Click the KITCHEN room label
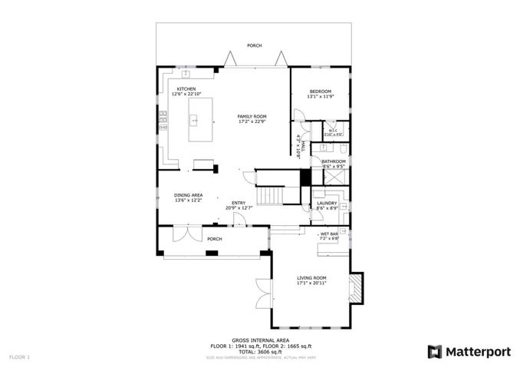pyautogui.click(x=186, y=89)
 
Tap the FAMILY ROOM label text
pyautogui.click(x=252, y=116)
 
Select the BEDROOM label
pyautogui.click(x=321, y=91)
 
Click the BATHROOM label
pyautogui.click(x=334, y=161)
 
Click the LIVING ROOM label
pyautogui.click(x=311, y=278)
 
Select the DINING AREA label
pyautogui.click(x=188, y=195)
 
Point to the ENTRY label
pyautogui.click(x=239, y=204)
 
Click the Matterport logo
pyautogui.click(x=469, y=351)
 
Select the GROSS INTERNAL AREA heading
pyautogui.click(x=261, y=340)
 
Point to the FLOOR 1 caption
pyautogui.click(x=20, y=357)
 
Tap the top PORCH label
pyautogui.click(x=254, y=46)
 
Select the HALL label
pyautogui.click(x=304, y=146)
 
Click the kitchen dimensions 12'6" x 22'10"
pyautogui.click(x=186, y=94)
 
